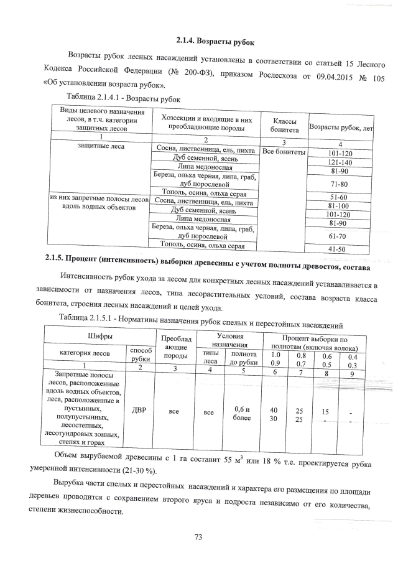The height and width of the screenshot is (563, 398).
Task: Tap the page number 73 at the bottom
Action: tap(199, 537)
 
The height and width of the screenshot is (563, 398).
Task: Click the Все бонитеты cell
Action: tap(283, 152)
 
